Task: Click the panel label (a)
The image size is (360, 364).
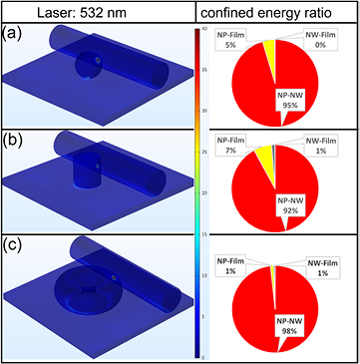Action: [x=14, y=34]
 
